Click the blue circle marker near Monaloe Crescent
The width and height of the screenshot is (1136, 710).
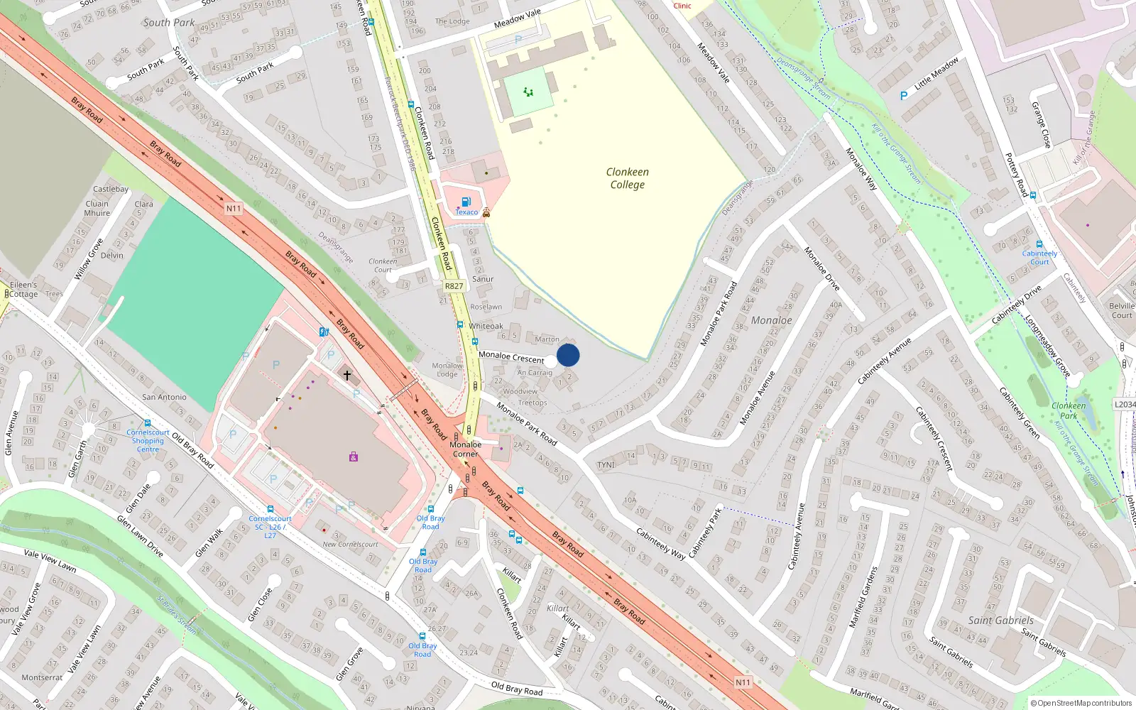[x=568, y=355]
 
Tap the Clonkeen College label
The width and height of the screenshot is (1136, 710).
[x=627, y=178]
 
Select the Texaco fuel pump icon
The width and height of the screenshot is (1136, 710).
[x=466, y=202]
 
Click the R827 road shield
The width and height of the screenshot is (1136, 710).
[x=454, y=286]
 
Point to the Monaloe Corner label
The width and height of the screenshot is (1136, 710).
[x=465, y=449]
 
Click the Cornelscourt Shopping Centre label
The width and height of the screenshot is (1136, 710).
[x=148, y=440]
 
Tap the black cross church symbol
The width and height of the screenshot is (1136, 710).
[x=347, y=374]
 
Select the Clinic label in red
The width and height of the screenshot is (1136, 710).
[x=682, y=6]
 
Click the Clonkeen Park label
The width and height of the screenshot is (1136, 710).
[x=1068, y=410]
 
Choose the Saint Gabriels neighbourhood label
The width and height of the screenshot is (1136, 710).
[x=1000, y=620]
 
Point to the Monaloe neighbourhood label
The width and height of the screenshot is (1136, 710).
[x=771, y=320]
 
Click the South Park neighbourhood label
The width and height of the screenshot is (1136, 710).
[x=169, y=23]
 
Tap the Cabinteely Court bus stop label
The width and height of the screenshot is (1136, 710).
[x=1039, y=257]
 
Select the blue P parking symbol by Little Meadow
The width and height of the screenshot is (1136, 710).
[x=904, y=96]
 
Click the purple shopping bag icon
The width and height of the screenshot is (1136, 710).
[x=354, y=457]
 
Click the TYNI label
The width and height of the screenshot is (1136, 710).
[x=606, y=465]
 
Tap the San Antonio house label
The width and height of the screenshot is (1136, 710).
[x=164, y=397]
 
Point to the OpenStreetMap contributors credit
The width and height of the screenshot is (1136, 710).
[x=1081, y=703]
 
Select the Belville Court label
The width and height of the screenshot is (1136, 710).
[x=1122, y=310]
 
